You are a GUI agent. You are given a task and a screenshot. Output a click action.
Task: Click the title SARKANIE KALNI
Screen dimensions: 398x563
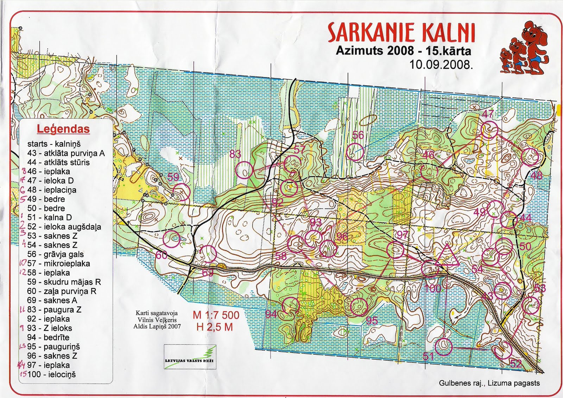[401, 33]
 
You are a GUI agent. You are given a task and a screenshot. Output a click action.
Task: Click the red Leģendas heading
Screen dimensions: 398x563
[63, 129]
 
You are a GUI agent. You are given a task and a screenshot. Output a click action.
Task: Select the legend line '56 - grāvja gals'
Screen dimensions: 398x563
[56, 254]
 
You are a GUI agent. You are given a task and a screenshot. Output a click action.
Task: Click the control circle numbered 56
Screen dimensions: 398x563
[355, 152]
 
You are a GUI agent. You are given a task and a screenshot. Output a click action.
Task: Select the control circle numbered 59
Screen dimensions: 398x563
[181, 192]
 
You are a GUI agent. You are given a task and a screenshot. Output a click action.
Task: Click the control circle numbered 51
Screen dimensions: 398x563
[443, 347]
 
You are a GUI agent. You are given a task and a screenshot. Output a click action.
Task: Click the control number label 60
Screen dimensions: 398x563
[162, 255]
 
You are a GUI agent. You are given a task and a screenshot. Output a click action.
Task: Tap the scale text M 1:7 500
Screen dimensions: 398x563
[216, 315]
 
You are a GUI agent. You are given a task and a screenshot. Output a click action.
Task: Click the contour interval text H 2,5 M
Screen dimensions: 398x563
[215, 327]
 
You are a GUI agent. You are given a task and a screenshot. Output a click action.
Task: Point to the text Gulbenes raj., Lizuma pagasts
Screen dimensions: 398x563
[489, 383]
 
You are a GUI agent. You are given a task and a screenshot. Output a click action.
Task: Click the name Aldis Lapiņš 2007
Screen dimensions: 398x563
[157, 327]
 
